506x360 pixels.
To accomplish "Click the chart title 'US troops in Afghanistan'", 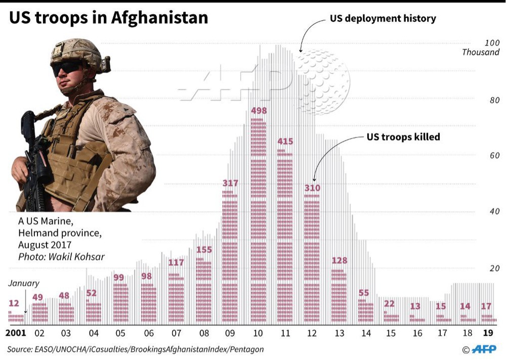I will (109, 18).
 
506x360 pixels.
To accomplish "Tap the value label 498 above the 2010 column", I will (258, 111).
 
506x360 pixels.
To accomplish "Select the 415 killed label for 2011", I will (285, 142).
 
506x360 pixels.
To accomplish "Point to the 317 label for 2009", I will (230, 183).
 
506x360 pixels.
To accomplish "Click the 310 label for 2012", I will (312, 188).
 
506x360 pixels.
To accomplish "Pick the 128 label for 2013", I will (340, 260).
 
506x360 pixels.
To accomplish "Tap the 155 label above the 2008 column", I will (203, 249).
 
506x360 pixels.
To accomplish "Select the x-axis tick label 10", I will (258, 333).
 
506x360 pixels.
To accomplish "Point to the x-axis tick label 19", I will (488, 333).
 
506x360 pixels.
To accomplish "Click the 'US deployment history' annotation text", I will (383, 19).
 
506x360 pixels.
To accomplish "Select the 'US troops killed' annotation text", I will (403, 137).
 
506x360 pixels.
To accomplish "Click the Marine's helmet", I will (76, 51).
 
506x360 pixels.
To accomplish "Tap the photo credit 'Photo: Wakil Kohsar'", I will (61, 257).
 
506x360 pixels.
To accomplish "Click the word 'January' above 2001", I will (23, 284).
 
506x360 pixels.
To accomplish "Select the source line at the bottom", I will (135, 349).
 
